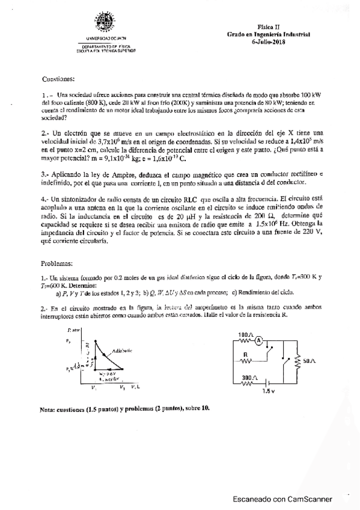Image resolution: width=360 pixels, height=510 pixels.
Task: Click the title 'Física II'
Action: (269, 28)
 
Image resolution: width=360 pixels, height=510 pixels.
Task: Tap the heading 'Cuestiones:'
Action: (58, 79)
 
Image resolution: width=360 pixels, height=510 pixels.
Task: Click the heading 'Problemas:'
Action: (57, 263)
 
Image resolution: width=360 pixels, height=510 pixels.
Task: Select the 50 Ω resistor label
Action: (310, 360)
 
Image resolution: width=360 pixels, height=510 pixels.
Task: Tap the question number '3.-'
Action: (45, 171)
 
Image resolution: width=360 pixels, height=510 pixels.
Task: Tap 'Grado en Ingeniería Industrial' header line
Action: (268, 34)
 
